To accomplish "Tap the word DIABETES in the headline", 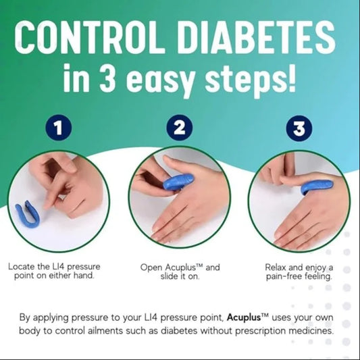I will (256, 38).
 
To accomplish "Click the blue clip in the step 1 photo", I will (30, 218).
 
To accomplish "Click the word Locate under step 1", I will (22, 267).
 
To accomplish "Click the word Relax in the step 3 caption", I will (276, 267).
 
